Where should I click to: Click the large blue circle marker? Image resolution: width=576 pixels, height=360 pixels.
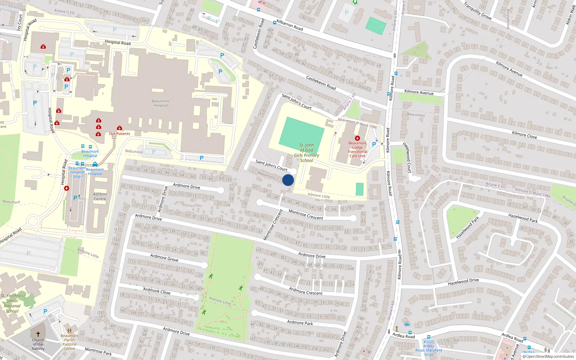pos(288,180)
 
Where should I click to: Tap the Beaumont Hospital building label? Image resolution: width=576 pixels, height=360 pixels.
pos(161,103)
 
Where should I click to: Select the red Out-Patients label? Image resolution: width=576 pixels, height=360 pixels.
pos(120,134)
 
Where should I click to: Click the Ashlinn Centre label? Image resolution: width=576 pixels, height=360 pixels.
pos(100,197)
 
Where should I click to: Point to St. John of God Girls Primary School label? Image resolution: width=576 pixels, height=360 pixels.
pos(307,153)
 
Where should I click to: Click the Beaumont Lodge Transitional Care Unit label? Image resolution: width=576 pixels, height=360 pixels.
pos(357,149)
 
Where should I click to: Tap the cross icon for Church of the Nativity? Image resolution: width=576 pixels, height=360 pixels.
pos(38,334)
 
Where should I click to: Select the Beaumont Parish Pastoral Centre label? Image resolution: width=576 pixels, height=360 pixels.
pos(69,342)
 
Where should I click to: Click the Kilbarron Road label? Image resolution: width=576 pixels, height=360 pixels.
pos(289,25)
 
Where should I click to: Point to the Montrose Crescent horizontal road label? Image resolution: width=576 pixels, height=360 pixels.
pos(306,215)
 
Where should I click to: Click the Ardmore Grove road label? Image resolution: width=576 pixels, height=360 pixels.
pos(164,257)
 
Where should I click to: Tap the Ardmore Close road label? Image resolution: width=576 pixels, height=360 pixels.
pos(157,291)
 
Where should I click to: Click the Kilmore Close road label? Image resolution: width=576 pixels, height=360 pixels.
pos(524,135)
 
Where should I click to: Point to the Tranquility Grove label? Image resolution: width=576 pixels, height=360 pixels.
pos(477,11)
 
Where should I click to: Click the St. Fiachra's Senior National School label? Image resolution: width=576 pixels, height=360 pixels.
pos(12,303)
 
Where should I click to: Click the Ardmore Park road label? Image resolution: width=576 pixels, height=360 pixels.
pos(300,323)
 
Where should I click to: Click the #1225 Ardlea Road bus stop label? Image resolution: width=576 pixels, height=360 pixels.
pos(428,348)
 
